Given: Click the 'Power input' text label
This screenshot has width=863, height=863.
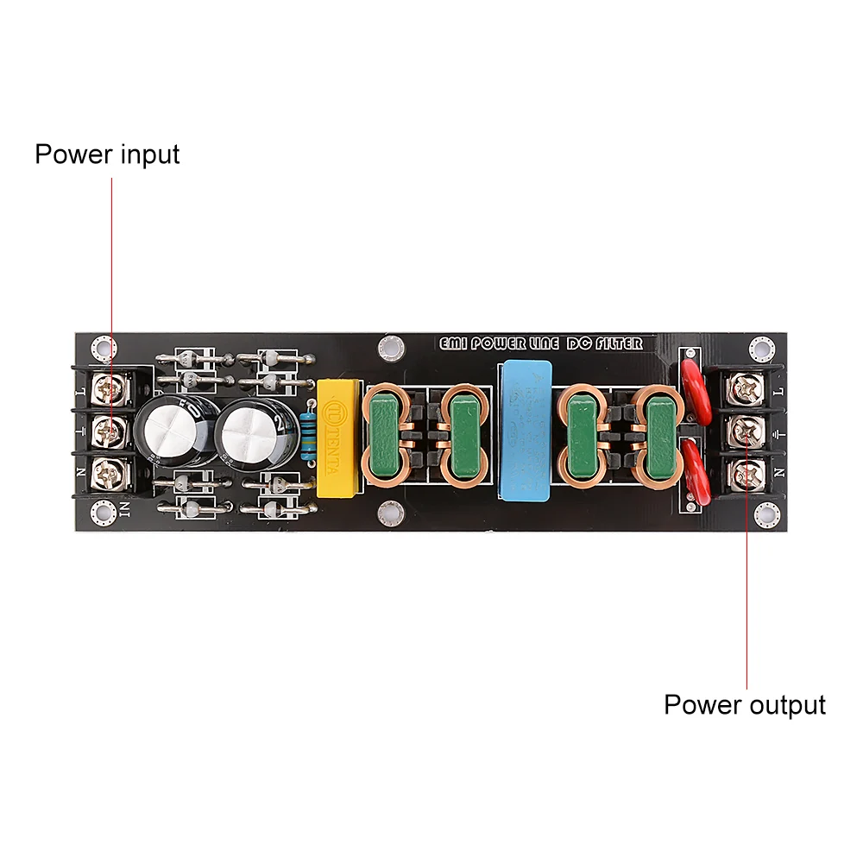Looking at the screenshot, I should (107, 154).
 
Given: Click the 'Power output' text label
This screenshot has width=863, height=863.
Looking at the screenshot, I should (744, 704).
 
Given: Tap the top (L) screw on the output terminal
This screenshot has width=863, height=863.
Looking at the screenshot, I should (746, 390).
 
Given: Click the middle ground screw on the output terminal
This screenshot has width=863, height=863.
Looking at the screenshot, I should (746, 431).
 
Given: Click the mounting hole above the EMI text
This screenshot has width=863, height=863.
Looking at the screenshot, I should (390, 348).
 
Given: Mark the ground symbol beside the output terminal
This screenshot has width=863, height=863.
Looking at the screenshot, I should (780, 431).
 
